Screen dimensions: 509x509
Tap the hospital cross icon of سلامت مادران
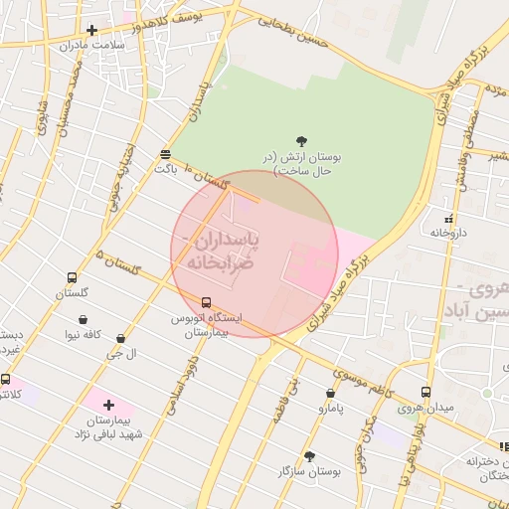coord(92,30)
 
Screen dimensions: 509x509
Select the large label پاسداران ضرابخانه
coord(216,252)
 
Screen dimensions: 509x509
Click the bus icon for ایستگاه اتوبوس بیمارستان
coord(206,302)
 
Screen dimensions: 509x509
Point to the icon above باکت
coord(165,154)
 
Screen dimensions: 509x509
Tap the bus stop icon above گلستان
coord(72,278)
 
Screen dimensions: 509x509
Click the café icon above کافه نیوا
coord(83,320)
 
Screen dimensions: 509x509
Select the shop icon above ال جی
coord(120,339)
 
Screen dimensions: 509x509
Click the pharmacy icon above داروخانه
coord(448,218)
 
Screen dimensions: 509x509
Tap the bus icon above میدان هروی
coord(425,392)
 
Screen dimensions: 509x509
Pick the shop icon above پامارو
coord(330,393)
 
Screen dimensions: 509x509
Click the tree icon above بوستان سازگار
coord(309,456)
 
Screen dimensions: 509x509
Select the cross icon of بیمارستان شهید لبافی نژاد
coord(108,405)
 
